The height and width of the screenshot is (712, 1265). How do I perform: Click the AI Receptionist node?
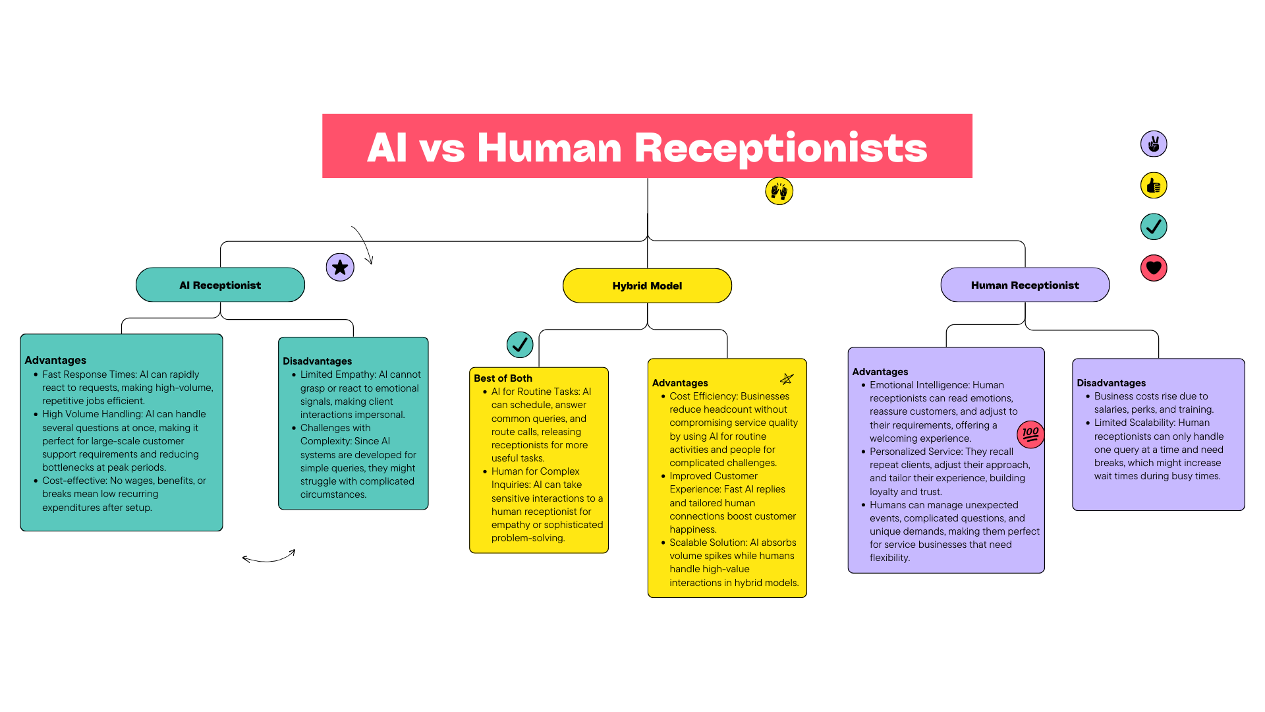[x=220, y=285]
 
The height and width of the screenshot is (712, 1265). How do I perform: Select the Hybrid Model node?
[x=647, y=285]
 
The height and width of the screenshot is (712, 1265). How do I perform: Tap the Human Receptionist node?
[x=1025, y=285]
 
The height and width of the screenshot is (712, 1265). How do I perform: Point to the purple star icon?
[x=340, y=267]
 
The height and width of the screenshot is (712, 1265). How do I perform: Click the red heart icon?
[x=1154, y=268]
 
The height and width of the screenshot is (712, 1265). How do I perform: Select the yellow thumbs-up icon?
[x=1154, y=186]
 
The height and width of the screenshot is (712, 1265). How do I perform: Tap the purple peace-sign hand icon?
[x=1154, y=144]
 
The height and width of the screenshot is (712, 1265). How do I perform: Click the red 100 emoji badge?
[x=1030, y=434]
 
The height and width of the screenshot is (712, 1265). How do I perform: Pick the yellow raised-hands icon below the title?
[x=779, y=191]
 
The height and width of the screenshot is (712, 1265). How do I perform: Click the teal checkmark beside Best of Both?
[x=520, y=344]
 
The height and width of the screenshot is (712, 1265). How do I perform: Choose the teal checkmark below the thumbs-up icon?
[x=1154, y=227]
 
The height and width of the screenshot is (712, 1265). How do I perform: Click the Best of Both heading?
[x=503, y=378]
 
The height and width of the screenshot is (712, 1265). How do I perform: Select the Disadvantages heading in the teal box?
[x=317, y=361]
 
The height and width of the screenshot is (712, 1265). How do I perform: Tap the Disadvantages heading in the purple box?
[x=1111, y=383]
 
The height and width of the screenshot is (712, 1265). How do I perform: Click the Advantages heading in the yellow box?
[x=680, y=383]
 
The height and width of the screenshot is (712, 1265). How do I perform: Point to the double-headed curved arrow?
[x=269, y=558]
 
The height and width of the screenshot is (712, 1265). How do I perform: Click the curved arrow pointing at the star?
[x=364, y=244]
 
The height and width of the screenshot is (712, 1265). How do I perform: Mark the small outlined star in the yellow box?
[x=787, y=379]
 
